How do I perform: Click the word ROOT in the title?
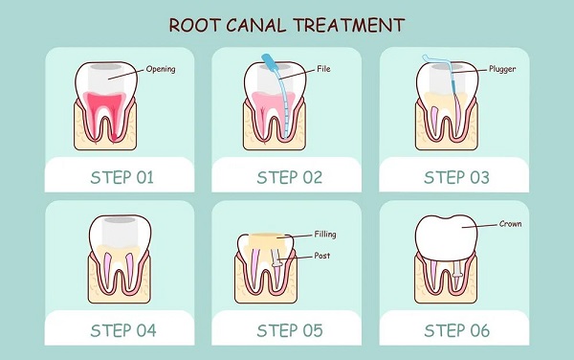(194, 25)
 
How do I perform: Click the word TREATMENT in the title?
(349, 25)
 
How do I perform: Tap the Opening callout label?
(161, 69)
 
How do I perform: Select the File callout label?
(323, 69)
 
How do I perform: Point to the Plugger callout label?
(502, 69)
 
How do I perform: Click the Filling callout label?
(325, 235)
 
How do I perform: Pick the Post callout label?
(322, 256)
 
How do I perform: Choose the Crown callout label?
(510, 224)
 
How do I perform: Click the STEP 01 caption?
(121, 178)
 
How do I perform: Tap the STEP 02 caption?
(290, 178)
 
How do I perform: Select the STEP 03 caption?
(456, 178)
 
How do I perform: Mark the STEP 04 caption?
(123, 330)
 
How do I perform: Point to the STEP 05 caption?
(290, 330)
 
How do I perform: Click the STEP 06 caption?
(456, 330)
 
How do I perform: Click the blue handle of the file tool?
(271, 64)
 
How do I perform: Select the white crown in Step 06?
(446, 238)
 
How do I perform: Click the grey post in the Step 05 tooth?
(276, 263)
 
